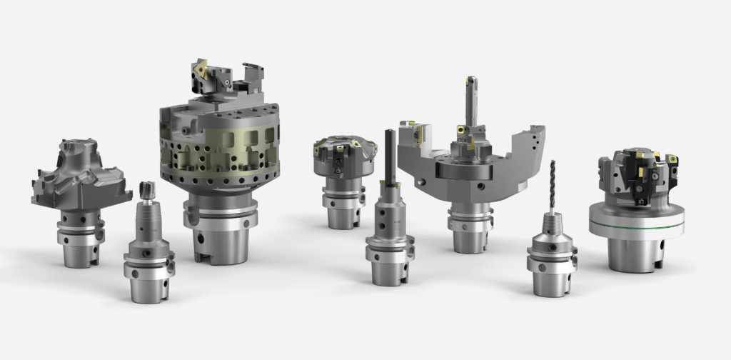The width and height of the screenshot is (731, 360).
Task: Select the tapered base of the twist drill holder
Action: (551, 275)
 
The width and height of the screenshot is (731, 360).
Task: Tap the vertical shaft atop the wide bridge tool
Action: (471, 100)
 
